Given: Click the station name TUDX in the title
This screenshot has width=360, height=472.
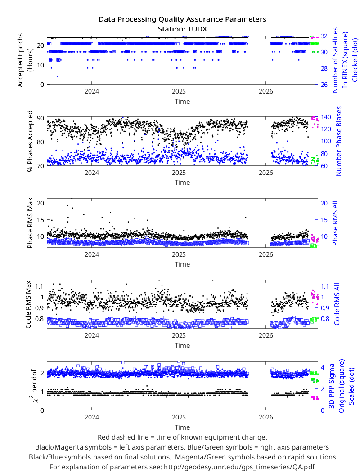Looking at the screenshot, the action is (197, 29).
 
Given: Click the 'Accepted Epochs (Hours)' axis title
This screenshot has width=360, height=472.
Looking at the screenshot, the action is (25, 60).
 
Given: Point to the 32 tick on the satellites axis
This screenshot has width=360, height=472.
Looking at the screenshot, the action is (324, 36).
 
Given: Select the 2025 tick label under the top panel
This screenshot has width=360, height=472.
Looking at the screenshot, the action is (179, 92).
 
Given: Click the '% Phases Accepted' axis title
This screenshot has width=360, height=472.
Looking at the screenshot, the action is (30, 141).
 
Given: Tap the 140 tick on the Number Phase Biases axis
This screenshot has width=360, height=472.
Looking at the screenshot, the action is (326, 117).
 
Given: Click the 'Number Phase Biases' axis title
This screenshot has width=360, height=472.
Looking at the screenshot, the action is (339, 141).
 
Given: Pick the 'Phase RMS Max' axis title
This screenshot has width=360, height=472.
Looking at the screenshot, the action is (30, 223).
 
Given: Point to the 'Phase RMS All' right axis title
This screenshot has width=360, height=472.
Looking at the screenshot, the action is (335, 223).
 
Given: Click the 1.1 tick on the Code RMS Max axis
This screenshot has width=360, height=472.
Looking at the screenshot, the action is (40, 286).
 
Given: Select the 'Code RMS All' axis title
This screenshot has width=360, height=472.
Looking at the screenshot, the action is (337, 304).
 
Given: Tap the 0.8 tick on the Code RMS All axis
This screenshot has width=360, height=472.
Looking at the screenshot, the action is (325, 319).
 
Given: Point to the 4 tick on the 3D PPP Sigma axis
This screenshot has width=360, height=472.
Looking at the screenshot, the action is (323, 367).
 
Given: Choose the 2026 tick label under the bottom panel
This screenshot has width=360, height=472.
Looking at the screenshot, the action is (265, 417).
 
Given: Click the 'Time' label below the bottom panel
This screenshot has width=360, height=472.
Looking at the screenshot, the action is (182, 427).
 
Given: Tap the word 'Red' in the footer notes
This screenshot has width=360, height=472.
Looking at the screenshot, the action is (103, 437).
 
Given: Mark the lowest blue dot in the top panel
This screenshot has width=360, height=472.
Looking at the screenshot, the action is (58, 76).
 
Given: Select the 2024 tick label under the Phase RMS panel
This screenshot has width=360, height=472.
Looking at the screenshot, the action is (92, 255).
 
